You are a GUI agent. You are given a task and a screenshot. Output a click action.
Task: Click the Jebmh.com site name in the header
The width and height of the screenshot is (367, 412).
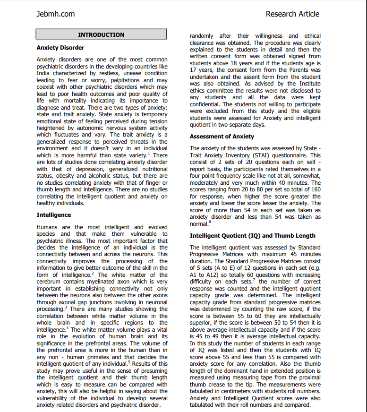[55, 14]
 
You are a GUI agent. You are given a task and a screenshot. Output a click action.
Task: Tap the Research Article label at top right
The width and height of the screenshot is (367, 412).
[292, 14]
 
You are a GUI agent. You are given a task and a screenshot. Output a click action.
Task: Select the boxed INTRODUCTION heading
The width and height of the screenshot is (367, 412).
[101, 34]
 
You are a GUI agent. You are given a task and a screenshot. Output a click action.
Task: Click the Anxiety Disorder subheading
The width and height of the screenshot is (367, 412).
[60, 48]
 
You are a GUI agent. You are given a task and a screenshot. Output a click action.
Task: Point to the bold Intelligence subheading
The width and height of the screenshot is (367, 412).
[54, 215]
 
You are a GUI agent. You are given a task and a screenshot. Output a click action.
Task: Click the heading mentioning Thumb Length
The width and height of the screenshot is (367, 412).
[252, 235]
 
